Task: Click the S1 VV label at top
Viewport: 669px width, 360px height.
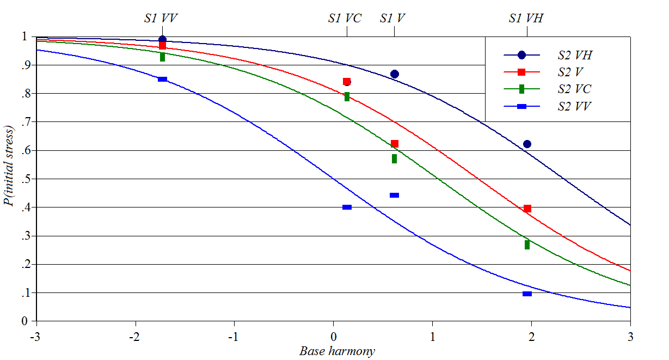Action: click(x=161, y=18)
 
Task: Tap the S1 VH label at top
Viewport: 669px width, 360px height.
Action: click(x=525, y=18)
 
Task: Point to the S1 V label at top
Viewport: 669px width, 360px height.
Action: click(x=392, y=18)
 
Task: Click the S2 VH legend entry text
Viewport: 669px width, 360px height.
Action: click(x=574, y=55)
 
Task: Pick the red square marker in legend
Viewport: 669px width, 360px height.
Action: click(x=521, y=72)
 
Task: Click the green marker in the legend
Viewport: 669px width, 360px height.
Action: click(x=521, y=89)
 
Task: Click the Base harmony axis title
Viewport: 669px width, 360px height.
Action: click(x=337, y=351)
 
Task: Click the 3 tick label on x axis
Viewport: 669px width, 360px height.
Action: click(x=630, y=337)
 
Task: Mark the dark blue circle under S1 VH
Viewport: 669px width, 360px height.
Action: click(x=527, y=144)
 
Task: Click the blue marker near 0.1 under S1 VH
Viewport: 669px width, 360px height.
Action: click(x=527, y=294)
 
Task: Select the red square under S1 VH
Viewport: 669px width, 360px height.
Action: click(x=527, y=209)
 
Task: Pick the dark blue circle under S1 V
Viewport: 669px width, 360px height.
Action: click(x=395, y=74)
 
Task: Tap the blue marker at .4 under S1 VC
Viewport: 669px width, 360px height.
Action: click(x=347, y=207)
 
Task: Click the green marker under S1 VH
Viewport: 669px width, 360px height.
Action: click(x=527, y=245)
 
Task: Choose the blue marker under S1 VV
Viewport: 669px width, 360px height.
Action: click(x=162, y=80)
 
